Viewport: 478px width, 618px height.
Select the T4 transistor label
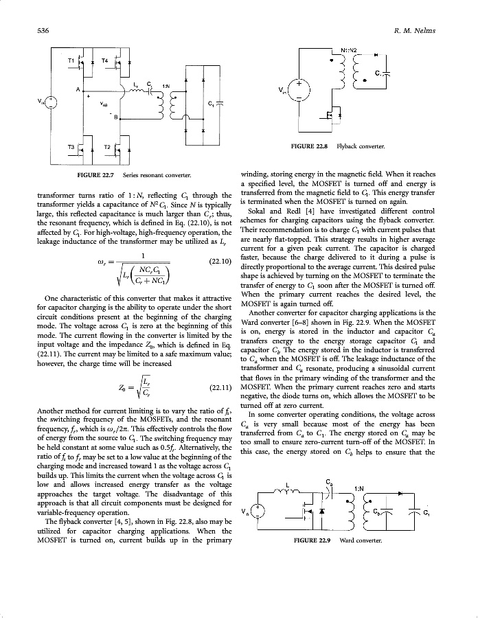(104, 61)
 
